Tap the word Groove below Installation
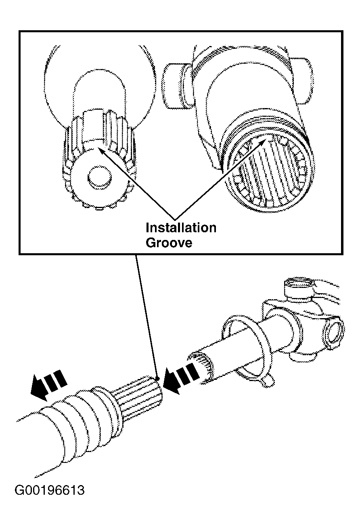tap(169, 243)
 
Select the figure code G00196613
tap(50, 490)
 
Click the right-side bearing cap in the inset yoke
tap(301, 81)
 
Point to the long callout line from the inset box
tap(147, 317)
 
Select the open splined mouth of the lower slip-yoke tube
tap(201, 367)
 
